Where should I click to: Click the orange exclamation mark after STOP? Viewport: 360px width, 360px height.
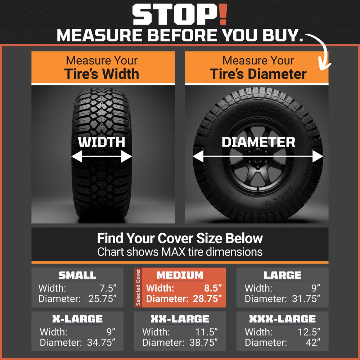[223, 14]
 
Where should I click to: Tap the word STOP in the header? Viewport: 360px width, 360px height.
[175, 14]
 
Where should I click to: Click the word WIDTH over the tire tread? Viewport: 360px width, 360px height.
[102, 142]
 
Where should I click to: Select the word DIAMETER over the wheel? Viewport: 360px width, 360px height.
[258, 142]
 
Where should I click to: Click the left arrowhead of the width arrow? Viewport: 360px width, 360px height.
[77, 156]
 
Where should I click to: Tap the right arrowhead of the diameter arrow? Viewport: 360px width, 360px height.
[318, 156]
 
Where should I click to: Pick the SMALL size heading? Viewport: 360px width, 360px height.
[77, 275]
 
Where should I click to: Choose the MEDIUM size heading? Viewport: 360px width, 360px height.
[180, 275]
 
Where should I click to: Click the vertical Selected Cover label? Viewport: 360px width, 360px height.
[138, 287]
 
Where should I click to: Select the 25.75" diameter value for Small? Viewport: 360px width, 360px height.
[102, 299]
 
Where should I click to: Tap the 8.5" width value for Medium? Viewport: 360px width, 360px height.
[213, 288]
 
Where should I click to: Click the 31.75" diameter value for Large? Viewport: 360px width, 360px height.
[306, 299]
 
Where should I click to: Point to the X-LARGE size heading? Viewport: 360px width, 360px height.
[77, 319]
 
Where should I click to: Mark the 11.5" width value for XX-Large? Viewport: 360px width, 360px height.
[206, 332]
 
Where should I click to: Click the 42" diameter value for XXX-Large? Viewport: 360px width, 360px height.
[313, 343]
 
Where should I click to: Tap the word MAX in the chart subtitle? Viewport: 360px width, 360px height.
[174, 252]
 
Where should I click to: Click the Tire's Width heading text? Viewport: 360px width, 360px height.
[102, 74]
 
